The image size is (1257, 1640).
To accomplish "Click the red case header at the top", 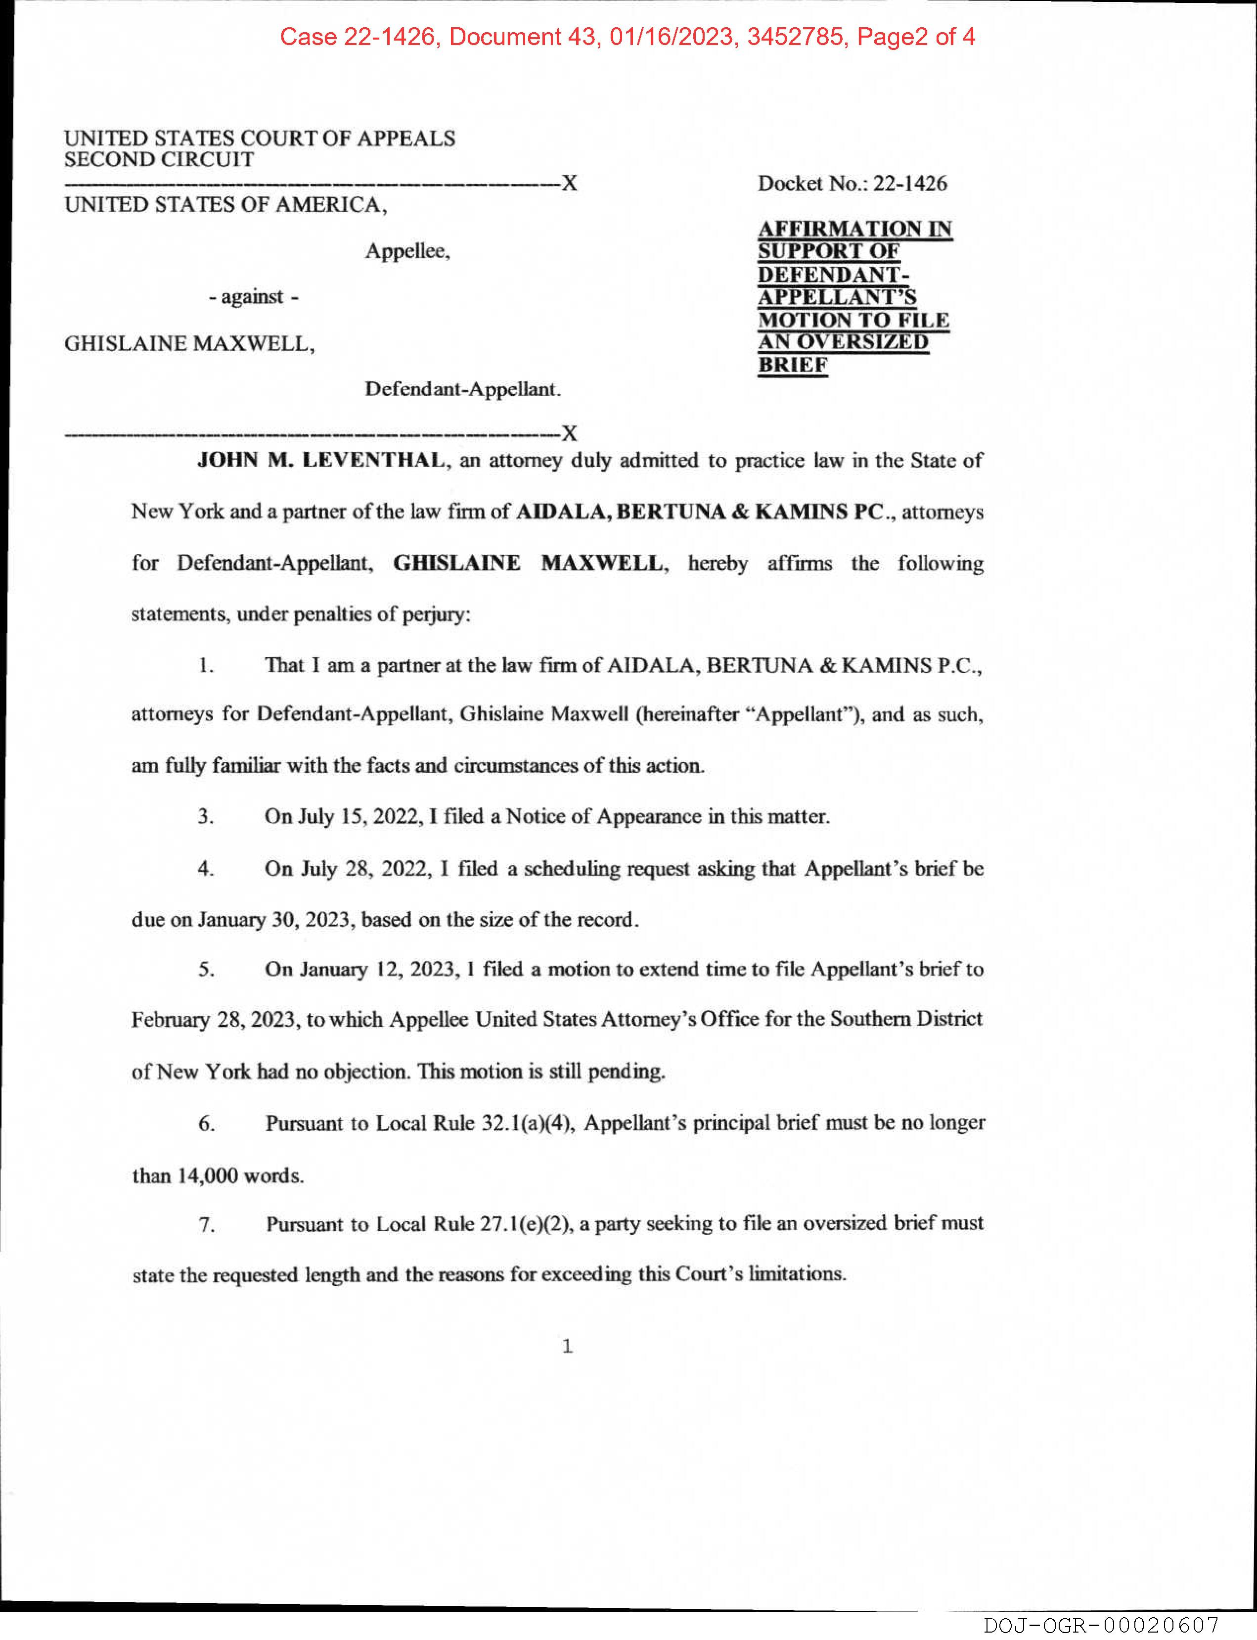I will pos(627,37).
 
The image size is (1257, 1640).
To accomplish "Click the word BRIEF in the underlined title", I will pos(792,365).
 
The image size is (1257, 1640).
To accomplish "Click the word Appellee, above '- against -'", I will pos(407,251).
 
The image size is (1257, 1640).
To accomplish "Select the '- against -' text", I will pos(254,297).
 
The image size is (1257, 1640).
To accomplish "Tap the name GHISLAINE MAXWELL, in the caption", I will pos(189,344).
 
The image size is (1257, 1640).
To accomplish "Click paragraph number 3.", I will pos(206,817).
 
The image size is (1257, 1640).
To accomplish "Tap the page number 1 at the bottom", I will pos(567,1346).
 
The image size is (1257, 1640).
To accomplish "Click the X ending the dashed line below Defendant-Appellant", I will pos(569,433).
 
